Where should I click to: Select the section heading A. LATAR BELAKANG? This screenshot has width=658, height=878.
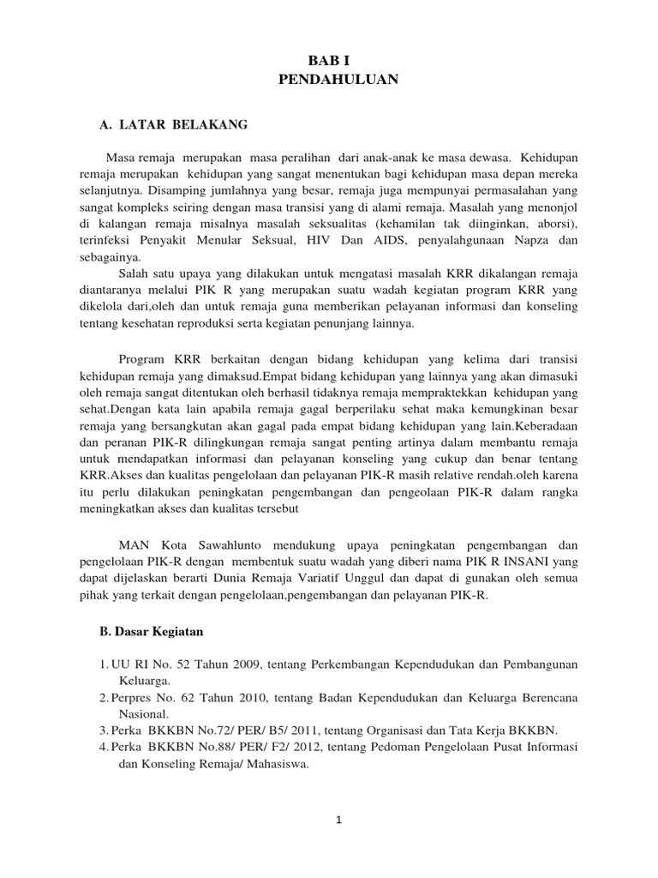point(174,125)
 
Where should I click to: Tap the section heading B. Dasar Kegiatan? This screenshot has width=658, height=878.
point(151,632)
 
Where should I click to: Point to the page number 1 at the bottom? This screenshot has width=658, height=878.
point(339,820)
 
